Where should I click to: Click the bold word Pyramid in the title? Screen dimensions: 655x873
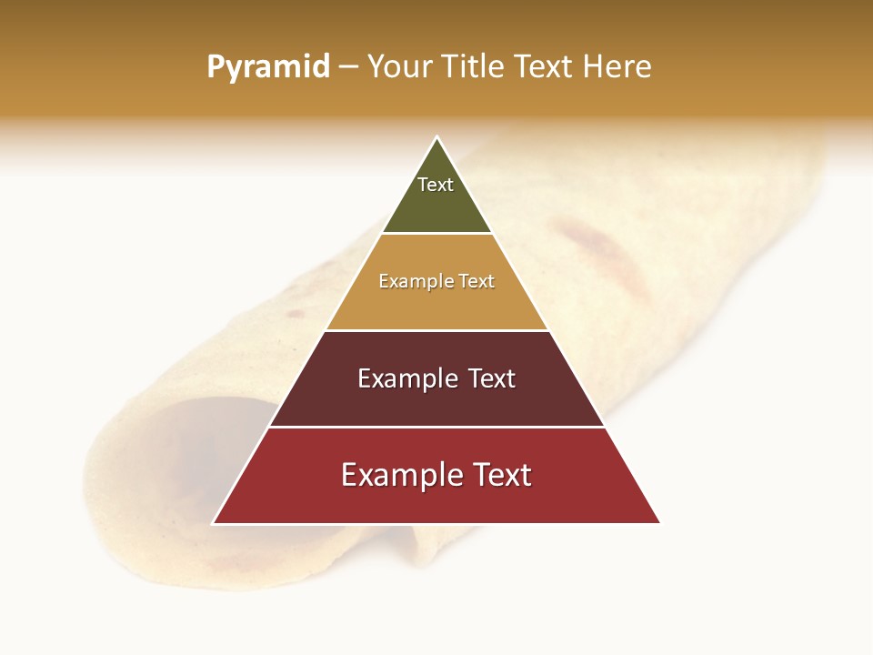pyautogui.click(x=267, y=67)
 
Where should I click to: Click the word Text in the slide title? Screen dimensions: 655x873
pyautogui.click(x=546, y=67)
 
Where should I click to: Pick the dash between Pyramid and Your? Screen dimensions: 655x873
pyautogui.click(x=347, y=67)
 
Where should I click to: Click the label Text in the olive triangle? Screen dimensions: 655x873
pyautogui.click(x=436, y=185)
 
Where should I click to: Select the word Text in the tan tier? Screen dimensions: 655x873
pyautogui.click(x=477, y=282)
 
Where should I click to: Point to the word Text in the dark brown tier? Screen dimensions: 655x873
pyautogui.click(x=491, y=378)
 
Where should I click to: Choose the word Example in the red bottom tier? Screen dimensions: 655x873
pyautogui.click(x=398, y=475)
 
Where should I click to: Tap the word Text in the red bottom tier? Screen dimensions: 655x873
pyautogui.click(x=501, y=475)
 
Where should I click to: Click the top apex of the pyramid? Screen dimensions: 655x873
pyautogui.click(x=436, y=138)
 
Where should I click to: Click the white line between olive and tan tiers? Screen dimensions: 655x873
pyautogui.click(x=436, y=234)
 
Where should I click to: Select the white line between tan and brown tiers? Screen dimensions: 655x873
pyautogui.click(x=436, y=330)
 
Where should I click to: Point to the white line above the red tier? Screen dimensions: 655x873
pyautogui.click(x=436, y=427)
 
